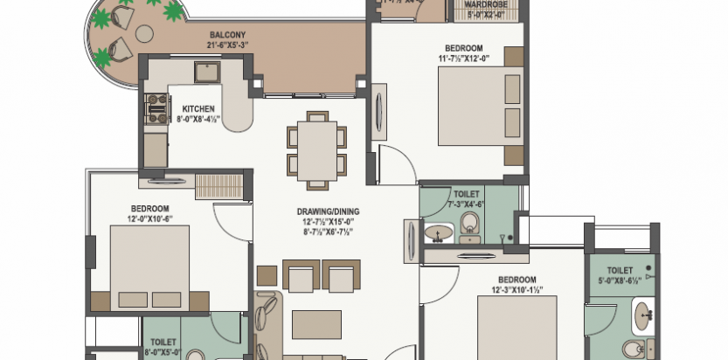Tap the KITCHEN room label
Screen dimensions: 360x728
(198, 109)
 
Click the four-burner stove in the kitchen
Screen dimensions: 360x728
(157, 107)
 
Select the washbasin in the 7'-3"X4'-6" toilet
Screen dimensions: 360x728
(438, 232)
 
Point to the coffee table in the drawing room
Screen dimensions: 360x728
(316, 323)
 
